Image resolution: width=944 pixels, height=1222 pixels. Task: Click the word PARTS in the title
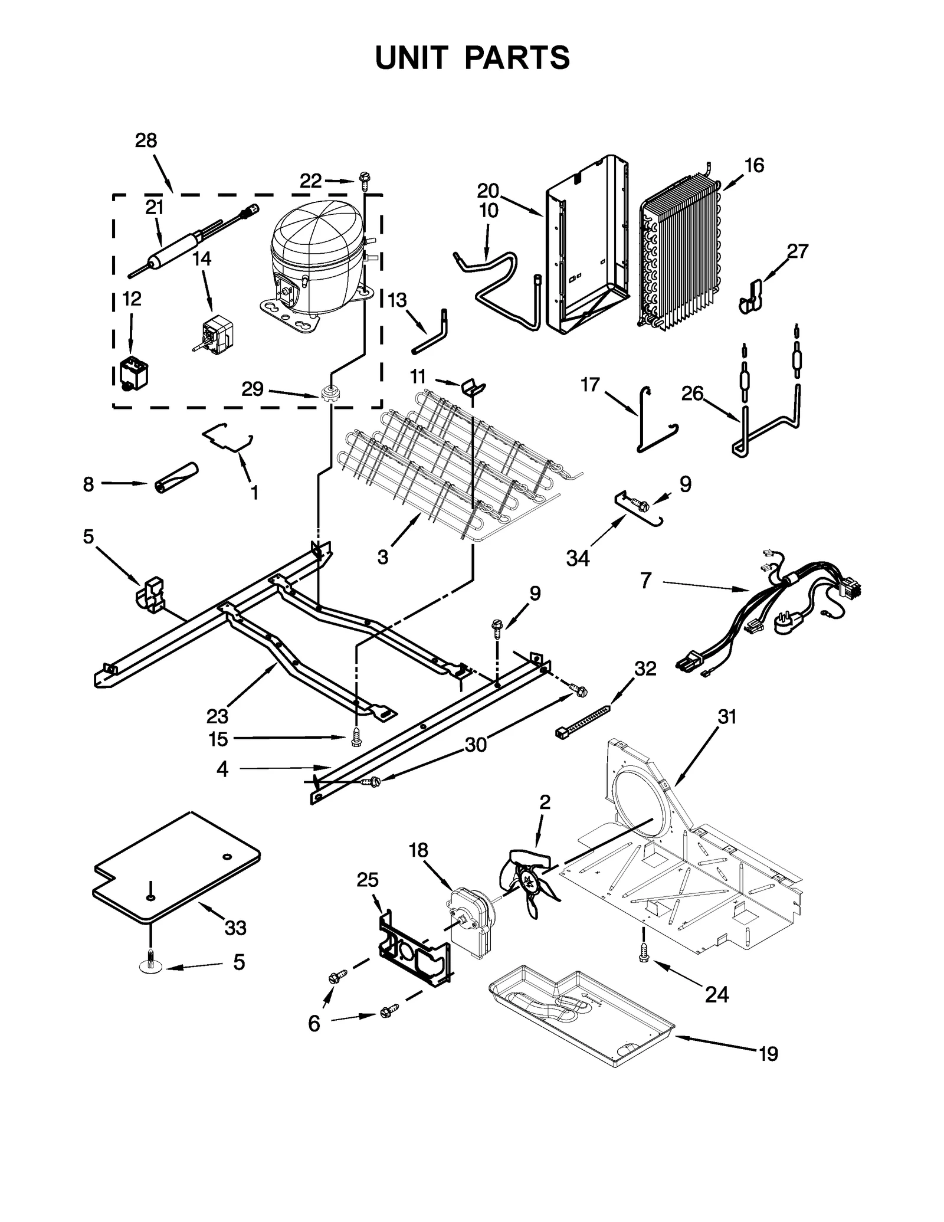pyautogui.click(x=517, y=58)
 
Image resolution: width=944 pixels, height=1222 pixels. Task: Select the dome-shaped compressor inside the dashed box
pyautogui.click(x=316, y=260)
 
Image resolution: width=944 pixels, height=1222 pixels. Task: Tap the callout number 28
pyautogui.click(x=146, y=140)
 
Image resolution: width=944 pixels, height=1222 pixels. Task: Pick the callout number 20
pyautogui.click(x=488, y=191)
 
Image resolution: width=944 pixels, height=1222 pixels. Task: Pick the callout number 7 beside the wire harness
pyautogui.click(x=646, y=581)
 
